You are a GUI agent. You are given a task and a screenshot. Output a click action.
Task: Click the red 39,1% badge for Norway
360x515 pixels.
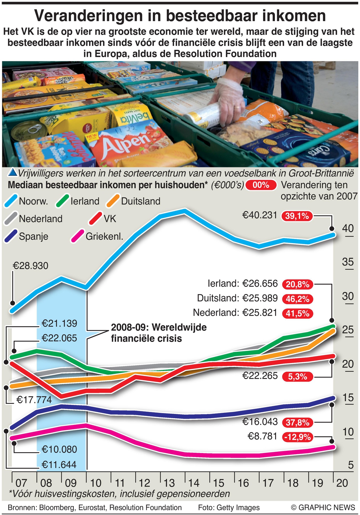click(x=297, y=216)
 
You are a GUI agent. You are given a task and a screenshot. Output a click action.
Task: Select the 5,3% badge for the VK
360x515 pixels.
click(x=297, y=376)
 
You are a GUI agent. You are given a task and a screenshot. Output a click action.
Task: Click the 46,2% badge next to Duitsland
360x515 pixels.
click(x=297, y=299)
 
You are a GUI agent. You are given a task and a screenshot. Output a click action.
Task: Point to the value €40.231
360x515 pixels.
click(x=260, y=215)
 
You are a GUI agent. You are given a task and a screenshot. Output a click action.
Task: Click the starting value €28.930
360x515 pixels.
click(x=30, y=266)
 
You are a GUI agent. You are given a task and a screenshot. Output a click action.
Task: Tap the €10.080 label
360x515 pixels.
click(x=59, y=449)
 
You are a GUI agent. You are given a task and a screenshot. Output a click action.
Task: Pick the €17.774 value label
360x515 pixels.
click(x=34, y=400)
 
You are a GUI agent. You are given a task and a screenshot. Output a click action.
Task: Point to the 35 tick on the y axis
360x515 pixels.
click(x=348, y=262)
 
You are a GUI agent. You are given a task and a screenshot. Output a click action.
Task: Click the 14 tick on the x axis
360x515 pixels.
click(x=194, y=483)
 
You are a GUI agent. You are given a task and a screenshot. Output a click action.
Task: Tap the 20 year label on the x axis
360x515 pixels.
click(x=342, y=483)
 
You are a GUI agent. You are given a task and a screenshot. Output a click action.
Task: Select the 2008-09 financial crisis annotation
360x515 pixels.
click(x=159, y=333)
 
